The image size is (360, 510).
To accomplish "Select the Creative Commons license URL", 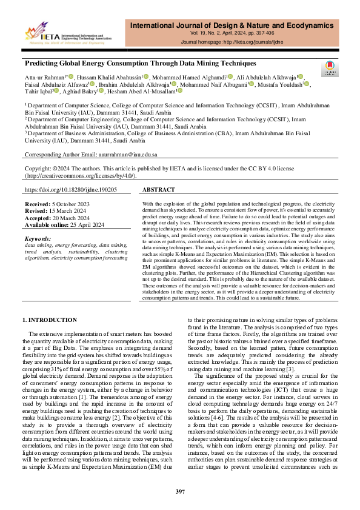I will [x=80, y=176].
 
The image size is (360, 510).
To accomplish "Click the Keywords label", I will [x=38, y=239].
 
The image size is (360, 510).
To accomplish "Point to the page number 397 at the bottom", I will [x=180, y=491].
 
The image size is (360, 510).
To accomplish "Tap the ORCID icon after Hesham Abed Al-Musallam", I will [x=179, y=92].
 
